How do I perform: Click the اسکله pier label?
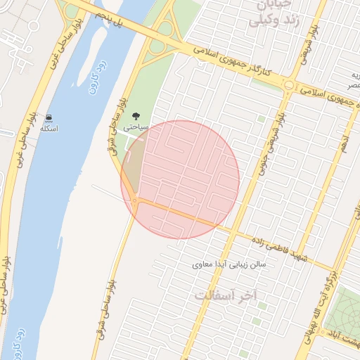tap(49, 129)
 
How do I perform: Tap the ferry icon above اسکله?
tap(49, 117)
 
